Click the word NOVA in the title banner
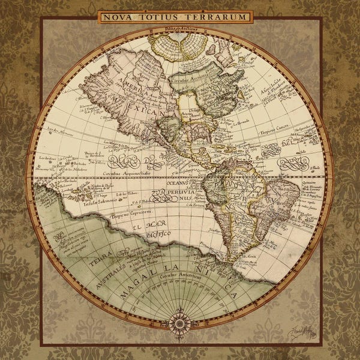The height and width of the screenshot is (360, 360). click(x=116, y=17)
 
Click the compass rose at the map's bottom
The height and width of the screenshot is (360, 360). click(x=179, y=323)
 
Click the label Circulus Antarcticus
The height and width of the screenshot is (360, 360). click(x=179, y=275)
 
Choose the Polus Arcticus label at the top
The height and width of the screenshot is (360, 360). click(x=179, y=28)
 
